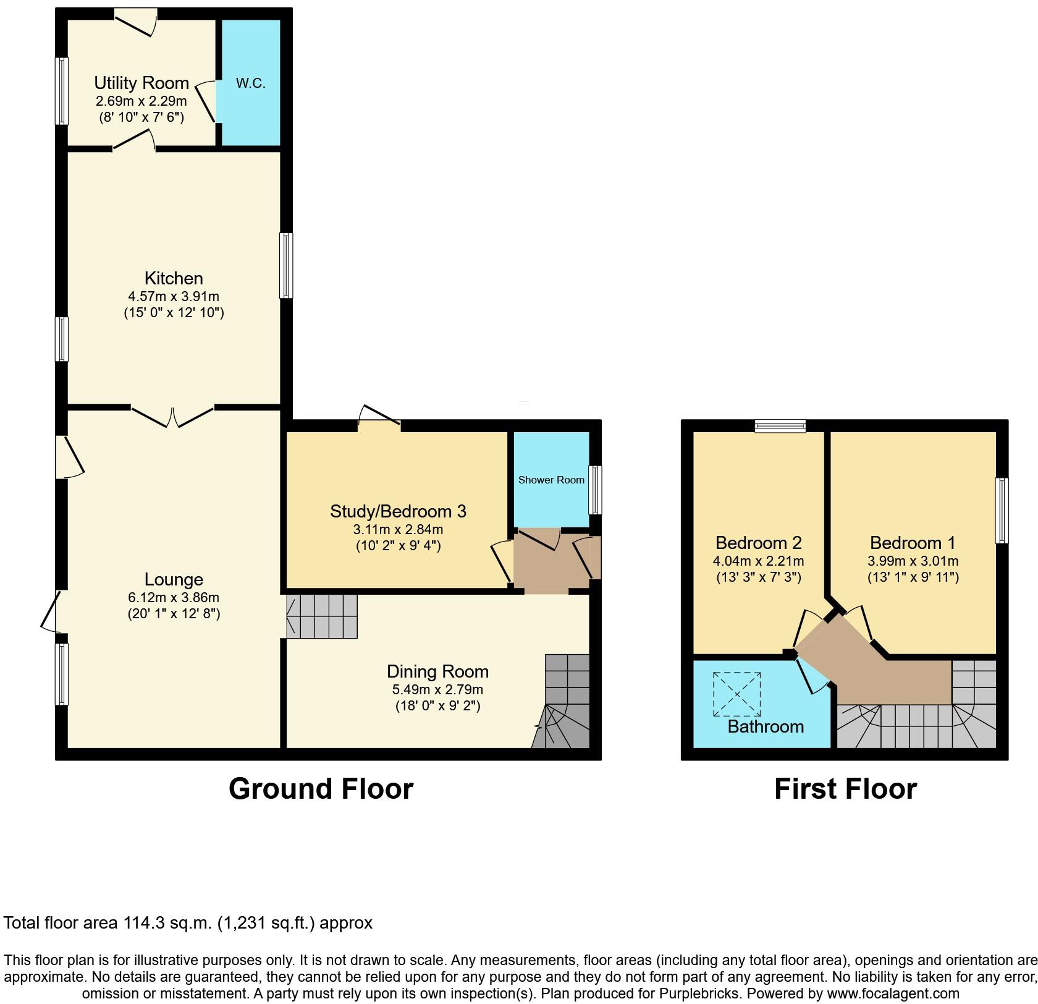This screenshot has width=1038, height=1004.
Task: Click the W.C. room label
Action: click(250, 83)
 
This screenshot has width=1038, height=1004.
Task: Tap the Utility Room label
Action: click(141, 83)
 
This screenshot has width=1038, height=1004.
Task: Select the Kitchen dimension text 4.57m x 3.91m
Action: click(174, 296)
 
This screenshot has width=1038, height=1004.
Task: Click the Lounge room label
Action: click(174, 580)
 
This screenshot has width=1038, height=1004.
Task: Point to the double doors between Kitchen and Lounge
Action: click(173, 415)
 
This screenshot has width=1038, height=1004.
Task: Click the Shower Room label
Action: click(551, 480)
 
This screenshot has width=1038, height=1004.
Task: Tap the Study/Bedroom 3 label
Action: click(398, 511)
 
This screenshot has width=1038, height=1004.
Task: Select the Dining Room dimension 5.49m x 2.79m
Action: click(437, 689)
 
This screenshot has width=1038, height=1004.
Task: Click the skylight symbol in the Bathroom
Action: click(737, 694)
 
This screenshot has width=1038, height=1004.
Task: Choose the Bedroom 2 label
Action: click(759, 543)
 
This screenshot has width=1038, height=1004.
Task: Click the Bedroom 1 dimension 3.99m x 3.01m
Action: click(913, 561)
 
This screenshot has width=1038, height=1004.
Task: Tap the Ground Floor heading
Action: click(321, 789)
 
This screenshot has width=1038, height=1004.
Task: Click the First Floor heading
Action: click(845, 789)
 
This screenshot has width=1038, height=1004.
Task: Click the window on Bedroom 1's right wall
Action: click(1002, 511)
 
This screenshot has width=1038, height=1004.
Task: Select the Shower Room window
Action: click(595, 490)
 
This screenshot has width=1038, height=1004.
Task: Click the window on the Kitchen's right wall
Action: click(286, 265)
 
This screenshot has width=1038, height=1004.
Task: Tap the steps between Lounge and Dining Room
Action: click(321, 616)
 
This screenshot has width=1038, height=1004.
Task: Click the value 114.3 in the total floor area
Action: click(143, 923)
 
